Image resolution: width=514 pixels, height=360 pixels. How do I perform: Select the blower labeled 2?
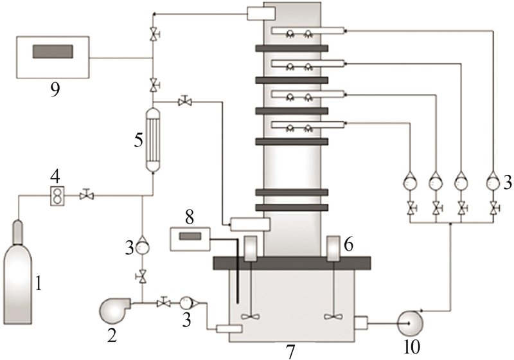(115, 309)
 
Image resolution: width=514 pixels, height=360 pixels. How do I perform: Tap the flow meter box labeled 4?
(57, 196)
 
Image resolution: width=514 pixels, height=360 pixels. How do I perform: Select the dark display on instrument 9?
(53, 52)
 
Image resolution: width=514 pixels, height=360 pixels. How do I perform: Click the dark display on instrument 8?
(190, 236)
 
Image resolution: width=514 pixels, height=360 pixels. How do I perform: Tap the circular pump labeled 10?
(410, 323)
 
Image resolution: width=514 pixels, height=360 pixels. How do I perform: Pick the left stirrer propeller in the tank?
(251, 317)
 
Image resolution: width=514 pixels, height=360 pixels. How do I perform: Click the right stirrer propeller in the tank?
(333, 317)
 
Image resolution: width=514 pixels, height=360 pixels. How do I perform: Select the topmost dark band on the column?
(292, 48)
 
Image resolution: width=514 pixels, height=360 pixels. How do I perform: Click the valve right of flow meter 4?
(87, 195)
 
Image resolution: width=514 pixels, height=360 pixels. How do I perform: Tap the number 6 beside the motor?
(348, 244)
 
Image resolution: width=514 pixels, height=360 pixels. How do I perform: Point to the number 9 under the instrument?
(55, 89)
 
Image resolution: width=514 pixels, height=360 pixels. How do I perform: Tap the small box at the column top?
(261, 14)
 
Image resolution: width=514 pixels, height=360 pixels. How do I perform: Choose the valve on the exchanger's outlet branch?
(185, 102)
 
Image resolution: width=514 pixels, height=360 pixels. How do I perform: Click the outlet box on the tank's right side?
(362, 323)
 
